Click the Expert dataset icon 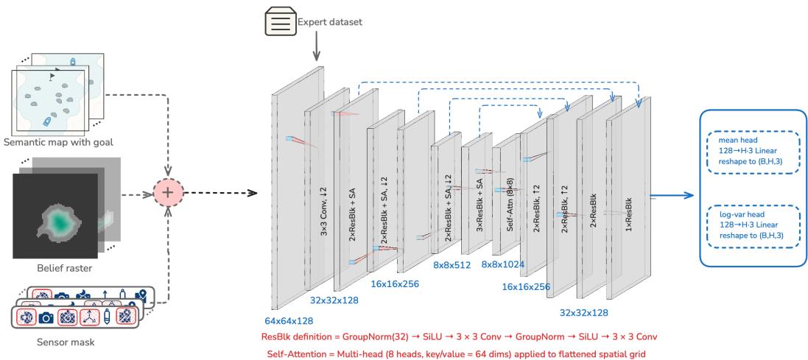[x=279, y=22]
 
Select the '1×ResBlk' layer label [x=628, y=207]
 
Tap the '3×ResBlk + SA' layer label [x=477, y=197]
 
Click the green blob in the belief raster [x=57, y=219]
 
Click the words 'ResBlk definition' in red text [x=298, y=336]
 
